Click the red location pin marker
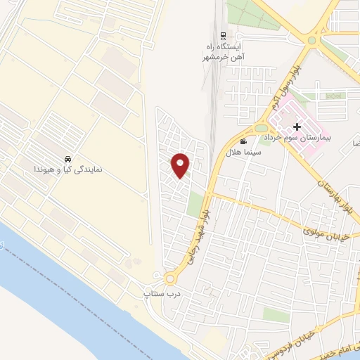181,165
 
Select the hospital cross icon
297,127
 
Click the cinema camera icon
243,142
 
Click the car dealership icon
67,159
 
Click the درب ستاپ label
158,292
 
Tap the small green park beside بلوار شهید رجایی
195,205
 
